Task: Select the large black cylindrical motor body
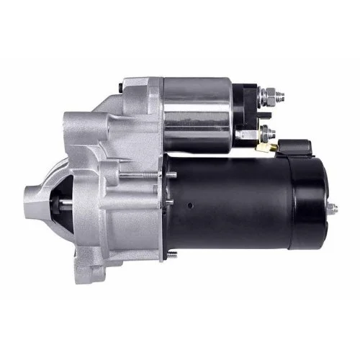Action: click(x=238, y=209)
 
